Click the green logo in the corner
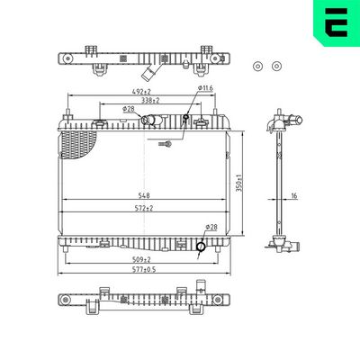tap(335, 21)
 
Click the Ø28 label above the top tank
tap(129, 109)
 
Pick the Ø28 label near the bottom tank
tap(211, 227)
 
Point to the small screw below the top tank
tap(164, 144)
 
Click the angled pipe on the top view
tap(158, 69)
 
